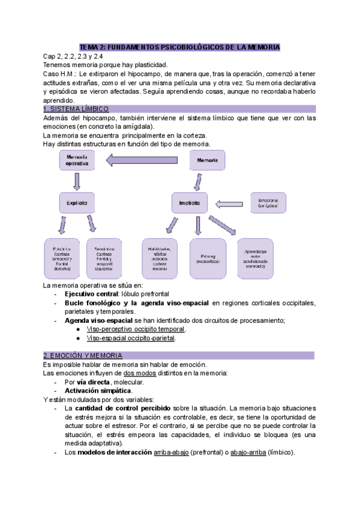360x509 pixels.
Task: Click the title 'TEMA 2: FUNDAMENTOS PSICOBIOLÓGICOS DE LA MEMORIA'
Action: pyautogui.click(x=180, y=47)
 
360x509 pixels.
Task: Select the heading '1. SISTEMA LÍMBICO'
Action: pyautogui.click(x=76, y=109)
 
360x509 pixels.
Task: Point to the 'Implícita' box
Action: pyautogui.click(x=190, y=203)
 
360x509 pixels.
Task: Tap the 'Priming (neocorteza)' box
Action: pyautogui.click(x=208, y=258)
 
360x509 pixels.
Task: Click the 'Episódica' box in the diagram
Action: pyautogui.click(x=62, y=258)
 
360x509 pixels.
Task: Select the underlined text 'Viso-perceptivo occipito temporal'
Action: pyautogui.click(x=136, y=329)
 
